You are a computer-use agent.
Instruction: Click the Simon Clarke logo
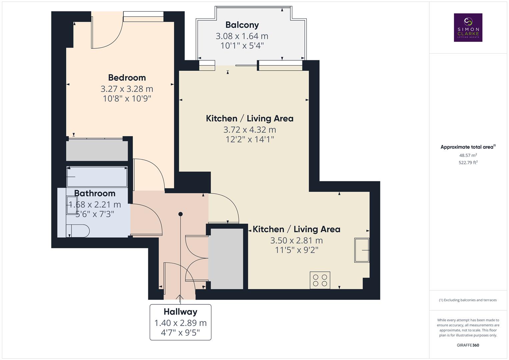tap(468, 27)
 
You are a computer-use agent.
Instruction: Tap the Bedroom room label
tap(127, 78)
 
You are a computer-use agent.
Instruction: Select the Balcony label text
tap(242, 25)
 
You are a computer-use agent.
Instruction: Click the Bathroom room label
tap(95, 193)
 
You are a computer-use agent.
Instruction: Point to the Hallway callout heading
tap(180, 312)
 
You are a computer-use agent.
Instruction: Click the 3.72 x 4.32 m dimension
tap(250, 130)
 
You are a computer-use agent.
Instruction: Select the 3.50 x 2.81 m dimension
tap(296, 240)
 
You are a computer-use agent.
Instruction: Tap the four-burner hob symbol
tap(320, 280)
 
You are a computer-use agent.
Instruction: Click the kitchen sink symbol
tap(362, 250)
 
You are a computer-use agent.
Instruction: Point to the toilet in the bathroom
tap(78, 231)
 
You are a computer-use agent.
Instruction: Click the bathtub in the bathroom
tap(97, 177)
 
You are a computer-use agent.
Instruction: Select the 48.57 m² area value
tap(468, 155)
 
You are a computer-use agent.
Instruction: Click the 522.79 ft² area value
tap(468, 163)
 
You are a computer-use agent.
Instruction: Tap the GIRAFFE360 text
tap(468, 345)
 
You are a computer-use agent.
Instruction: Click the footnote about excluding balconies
tap(468, 300)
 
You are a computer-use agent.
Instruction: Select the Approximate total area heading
tap(468, 147)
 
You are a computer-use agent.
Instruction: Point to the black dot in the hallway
tap(180, 214)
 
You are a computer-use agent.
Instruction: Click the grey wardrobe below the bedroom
tap(97, 150)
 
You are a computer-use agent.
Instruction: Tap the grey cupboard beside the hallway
tap(226, 259)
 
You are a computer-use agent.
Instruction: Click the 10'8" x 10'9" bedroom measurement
tap(127, 99)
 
